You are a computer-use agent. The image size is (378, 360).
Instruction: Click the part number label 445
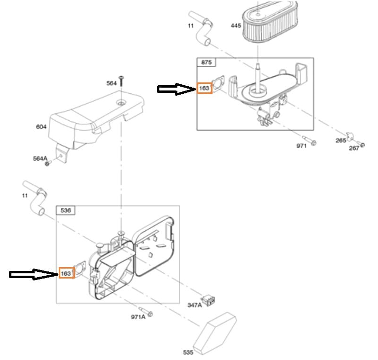coord(236,26)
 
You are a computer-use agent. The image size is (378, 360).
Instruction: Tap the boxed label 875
coord(206,63)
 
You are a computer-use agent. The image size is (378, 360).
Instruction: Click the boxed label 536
coord(65,210)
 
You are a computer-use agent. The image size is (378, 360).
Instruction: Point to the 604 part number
coord(41,126)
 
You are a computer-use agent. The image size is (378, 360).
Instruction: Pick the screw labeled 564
coord(121,81)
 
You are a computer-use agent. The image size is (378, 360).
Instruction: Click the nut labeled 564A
coord(47,163)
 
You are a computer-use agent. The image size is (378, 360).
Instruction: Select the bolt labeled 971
coord(310,140)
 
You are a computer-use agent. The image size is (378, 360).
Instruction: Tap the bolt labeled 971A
coord(146,312)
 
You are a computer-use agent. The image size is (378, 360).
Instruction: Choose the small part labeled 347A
coord(209,301)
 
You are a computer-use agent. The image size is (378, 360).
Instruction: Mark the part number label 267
coord(354,148)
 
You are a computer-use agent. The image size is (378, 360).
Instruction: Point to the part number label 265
coord(341,140)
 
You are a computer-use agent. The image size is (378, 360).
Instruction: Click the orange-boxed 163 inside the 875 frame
coord(204,88)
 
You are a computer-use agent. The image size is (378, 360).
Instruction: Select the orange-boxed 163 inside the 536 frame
coord(66,273)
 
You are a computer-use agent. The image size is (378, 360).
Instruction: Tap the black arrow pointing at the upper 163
coord(177,89)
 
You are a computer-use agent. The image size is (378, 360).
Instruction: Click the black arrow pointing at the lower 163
coord(34,274)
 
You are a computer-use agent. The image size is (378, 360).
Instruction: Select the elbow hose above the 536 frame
coord(35,198)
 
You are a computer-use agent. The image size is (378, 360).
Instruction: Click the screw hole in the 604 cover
coord(121,103)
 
